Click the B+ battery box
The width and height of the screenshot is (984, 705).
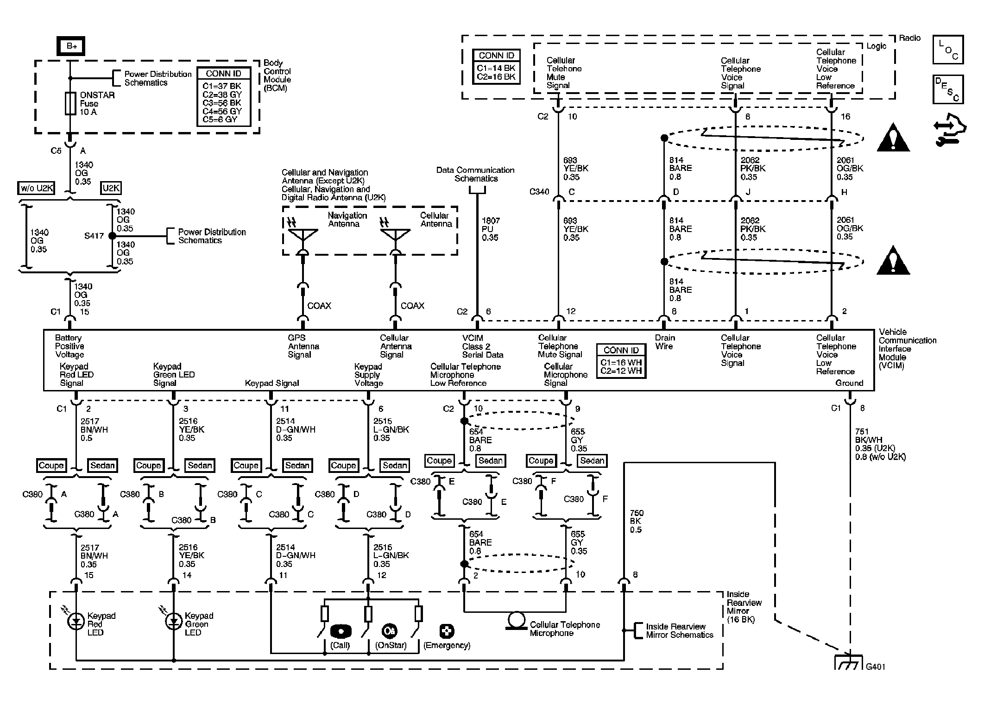tap(71, 46)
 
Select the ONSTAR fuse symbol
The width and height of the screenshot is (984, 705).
tap(70, 103)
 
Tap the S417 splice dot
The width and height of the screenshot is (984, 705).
tap(112, 236)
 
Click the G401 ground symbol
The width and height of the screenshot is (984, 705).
tap(849, 663)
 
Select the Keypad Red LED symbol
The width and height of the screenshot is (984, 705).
tap(76, 622)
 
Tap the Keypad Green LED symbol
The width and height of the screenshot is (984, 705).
tap(174, 622)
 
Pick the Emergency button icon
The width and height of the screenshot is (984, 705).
tap(447, 631)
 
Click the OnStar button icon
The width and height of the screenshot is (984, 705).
tap(389, 631)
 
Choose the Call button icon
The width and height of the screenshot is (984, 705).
tap(341, 631)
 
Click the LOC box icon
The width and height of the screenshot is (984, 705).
tap(948, 50)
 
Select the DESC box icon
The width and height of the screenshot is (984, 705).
tap(948, 89)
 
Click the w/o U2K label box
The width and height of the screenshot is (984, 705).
tap(37, 188)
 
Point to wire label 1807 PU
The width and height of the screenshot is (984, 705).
tap(490, 229)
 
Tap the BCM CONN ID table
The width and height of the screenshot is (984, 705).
tap(224, 97)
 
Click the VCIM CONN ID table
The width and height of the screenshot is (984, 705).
tap(621, 361)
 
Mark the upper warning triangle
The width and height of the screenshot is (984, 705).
tap(893, 138)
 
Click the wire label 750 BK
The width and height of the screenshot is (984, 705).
tap(636, 521)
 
